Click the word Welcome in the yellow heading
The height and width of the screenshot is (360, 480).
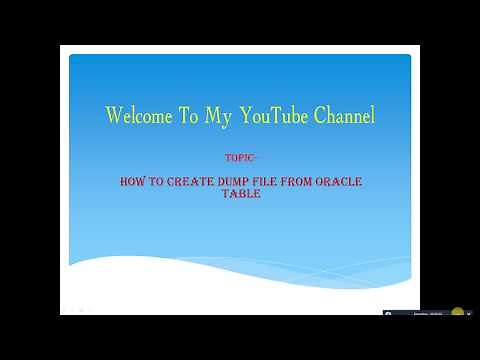[x=139, y=116]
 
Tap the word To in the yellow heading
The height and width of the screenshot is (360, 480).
[x=190, y=116]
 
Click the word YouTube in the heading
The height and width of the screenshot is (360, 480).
[x=273, y=116]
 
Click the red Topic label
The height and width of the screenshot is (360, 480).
[x=240, y=158]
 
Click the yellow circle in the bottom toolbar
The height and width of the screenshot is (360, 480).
[x=457, y=313]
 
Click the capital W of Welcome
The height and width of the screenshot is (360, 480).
[x=113, y=116]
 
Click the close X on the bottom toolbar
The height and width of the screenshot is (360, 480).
[x=469, y=313]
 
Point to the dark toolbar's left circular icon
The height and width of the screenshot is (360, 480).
[x=389, y=314]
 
